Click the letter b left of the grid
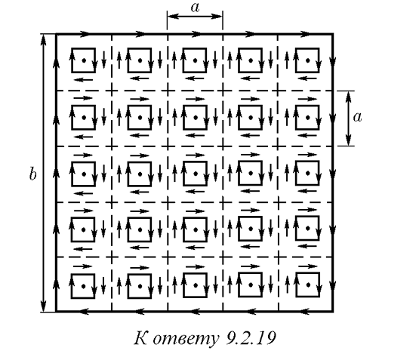32,174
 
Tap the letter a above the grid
196,8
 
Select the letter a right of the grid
357,117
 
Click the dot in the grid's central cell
196,174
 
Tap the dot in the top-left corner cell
84,60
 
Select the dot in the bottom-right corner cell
308,285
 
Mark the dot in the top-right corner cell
308,60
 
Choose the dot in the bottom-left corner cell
84,286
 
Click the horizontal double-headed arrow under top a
195,17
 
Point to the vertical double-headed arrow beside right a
348,118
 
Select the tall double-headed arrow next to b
43,173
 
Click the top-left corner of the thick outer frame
56,34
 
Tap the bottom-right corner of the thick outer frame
333,311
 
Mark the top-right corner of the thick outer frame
333,34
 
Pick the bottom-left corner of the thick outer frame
56,311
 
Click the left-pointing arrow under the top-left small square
83,79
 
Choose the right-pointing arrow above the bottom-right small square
308,266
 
